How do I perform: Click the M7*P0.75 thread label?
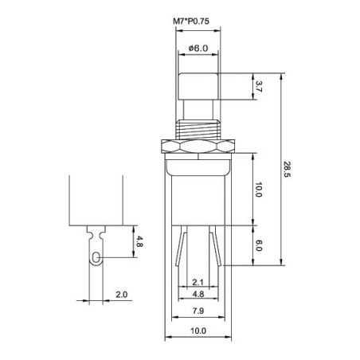[191, 22]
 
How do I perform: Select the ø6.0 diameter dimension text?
[198, 49]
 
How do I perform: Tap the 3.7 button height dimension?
[259, 87]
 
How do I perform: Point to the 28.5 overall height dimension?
[287, 170]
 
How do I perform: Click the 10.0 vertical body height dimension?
[259, 190]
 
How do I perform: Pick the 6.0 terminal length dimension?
[259, 245]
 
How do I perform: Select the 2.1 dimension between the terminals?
[198, 283]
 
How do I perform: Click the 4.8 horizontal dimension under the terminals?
[198, 294]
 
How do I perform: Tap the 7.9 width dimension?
[198, 311]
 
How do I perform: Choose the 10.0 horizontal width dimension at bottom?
[198, 331]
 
